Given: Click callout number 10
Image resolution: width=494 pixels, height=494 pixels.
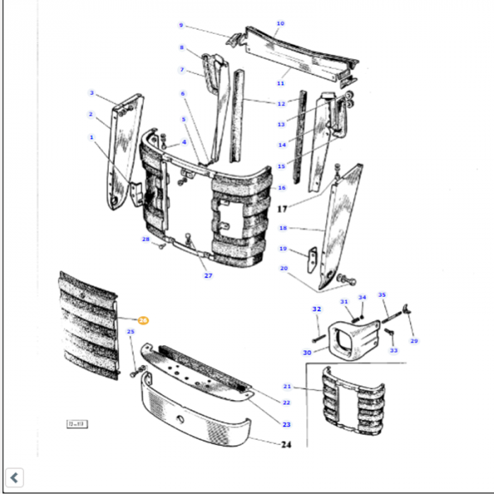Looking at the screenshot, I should click(x=280, y=23).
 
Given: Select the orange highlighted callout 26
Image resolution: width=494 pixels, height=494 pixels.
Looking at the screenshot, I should click(x=143, y=320).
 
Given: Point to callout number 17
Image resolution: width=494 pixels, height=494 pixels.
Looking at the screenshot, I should click(x=282, y=209).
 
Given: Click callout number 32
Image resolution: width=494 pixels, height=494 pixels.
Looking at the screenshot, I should click(x=317, y=309).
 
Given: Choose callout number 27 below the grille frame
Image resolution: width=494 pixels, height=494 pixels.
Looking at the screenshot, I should click(x=208, y=275).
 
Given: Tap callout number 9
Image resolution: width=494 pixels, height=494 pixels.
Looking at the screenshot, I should click(x=181, y=25).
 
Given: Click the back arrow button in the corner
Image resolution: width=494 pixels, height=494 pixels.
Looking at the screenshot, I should click(x=15, y=478).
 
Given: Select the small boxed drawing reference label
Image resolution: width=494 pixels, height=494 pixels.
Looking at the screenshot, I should click(x=76, y=424).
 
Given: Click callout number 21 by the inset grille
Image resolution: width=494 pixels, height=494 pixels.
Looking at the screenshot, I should click(x=287, y=386).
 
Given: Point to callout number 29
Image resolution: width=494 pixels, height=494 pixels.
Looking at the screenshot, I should click(x=414, y=341).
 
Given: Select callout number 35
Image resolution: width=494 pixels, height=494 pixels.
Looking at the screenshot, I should click(x=382, y=295).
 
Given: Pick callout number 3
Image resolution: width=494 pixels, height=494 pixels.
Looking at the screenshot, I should click(x=91, y=92).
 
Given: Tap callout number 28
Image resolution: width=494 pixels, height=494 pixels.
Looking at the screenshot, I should click(x=146, y=240).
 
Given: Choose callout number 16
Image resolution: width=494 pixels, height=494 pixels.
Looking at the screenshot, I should click(x=282, y=188).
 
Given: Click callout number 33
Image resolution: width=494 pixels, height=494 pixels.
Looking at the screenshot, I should click(x=394, y=350).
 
